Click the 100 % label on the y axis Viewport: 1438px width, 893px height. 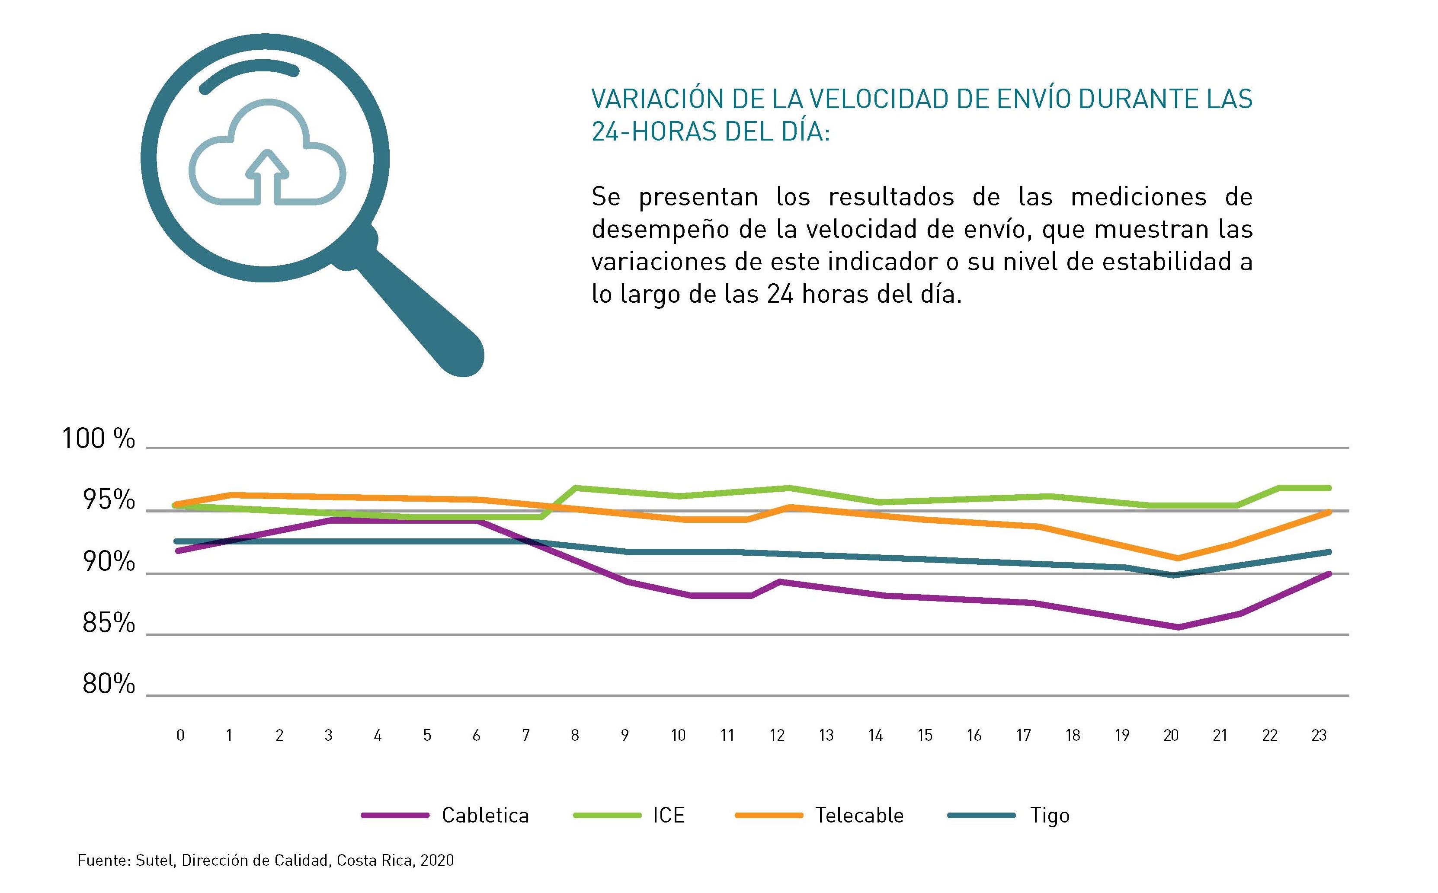coord(99,439)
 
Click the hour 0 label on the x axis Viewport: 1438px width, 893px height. coord(180,735)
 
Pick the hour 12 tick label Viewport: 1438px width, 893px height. coord(777,735)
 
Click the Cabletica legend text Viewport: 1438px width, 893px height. coord(485,816)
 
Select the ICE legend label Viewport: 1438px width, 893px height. coord(669,816)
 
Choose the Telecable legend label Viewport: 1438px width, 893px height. coord(859,816)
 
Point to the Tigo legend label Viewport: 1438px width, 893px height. coord(1049,816)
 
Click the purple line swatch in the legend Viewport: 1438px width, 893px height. coord(395,816)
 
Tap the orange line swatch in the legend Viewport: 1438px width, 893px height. coord(769,816)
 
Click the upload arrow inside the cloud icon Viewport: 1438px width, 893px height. coord(268,174)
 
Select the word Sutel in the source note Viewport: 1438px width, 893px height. coord(155,861)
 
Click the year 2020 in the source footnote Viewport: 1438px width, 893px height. coord(438,861)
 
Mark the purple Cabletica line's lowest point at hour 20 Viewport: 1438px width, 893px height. coord(1178,627)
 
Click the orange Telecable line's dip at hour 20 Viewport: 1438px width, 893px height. coord(1178,557)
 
